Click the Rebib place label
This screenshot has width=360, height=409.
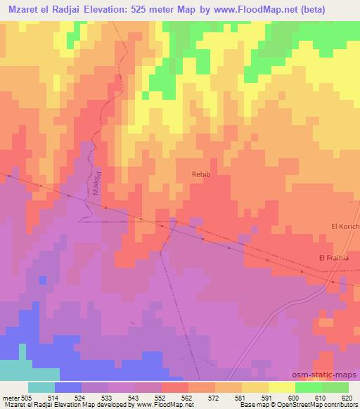click(x=201, y=172)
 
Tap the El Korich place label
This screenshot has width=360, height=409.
click(x=345, y=226)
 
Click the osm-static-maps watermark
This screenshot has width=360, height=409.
click(x=330, y=377)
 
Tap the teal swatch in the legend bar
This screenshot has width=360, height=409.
click(x=41, y=387)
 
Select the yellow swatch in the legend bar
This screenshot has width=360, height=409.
click(x=281, y=387)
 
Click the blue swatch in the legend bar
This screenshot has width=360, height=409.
click(x=68, y=387)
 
